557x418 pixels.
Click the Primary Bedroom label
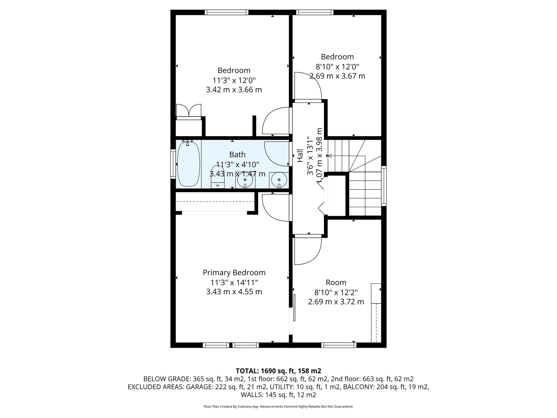[234, 272]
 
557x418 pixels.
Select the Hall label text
[300, 156]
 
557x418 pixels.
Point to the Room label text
[336, 282]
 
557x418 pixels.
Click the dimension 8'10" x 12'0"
[337, 66]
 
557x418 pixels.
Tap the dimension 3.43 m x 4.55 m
[234, 292]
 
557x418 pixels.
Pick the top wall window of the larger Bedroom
[226, 12]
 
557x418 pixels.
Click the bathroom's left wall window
[173, 164]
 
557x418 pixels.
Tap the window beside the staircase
[384, 186]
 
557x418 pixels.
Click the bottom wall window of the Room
[339, 345]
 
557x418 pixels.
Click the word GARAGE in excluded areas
[199, 387]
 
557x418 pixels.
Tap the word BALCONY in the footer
[359, 387]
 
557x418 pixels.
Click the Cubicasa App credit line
[278, 407]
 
